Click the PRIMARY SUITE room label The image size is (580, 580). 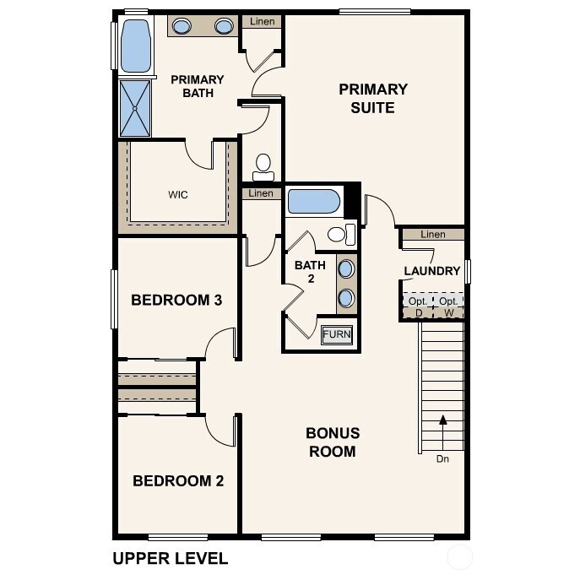coord(373,98)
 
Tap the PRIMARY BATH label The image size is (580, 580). coord(198,86)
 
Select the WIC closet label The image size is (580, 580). coord(178,195)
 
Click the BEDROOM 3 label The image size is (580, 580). coord(176,300)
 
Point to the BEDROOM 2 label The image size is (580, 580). coord(178,481)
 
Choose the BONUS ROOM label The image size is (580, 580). coord(332,442)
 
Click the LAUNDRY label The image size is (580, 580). coord(431,271)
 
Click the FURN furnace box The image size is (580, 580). coord(337,334)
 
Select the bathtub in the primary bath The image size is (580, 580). coord(135,46)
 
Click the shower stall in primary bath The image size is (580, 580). coord(135,108)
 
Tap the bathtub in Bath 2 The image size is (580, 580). coord(314,202)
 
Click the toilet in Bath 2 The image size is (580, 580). coord(339,234)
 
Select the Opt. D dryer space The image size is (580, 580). coord(418,306)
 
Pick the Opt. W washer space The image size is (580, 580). coord(448,306)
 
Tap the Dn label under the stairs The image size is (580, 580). coord(442,459)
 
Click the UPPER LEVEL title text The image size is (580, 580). coord(170,558)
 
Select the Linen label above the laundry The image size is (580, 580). coord(432,234)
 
